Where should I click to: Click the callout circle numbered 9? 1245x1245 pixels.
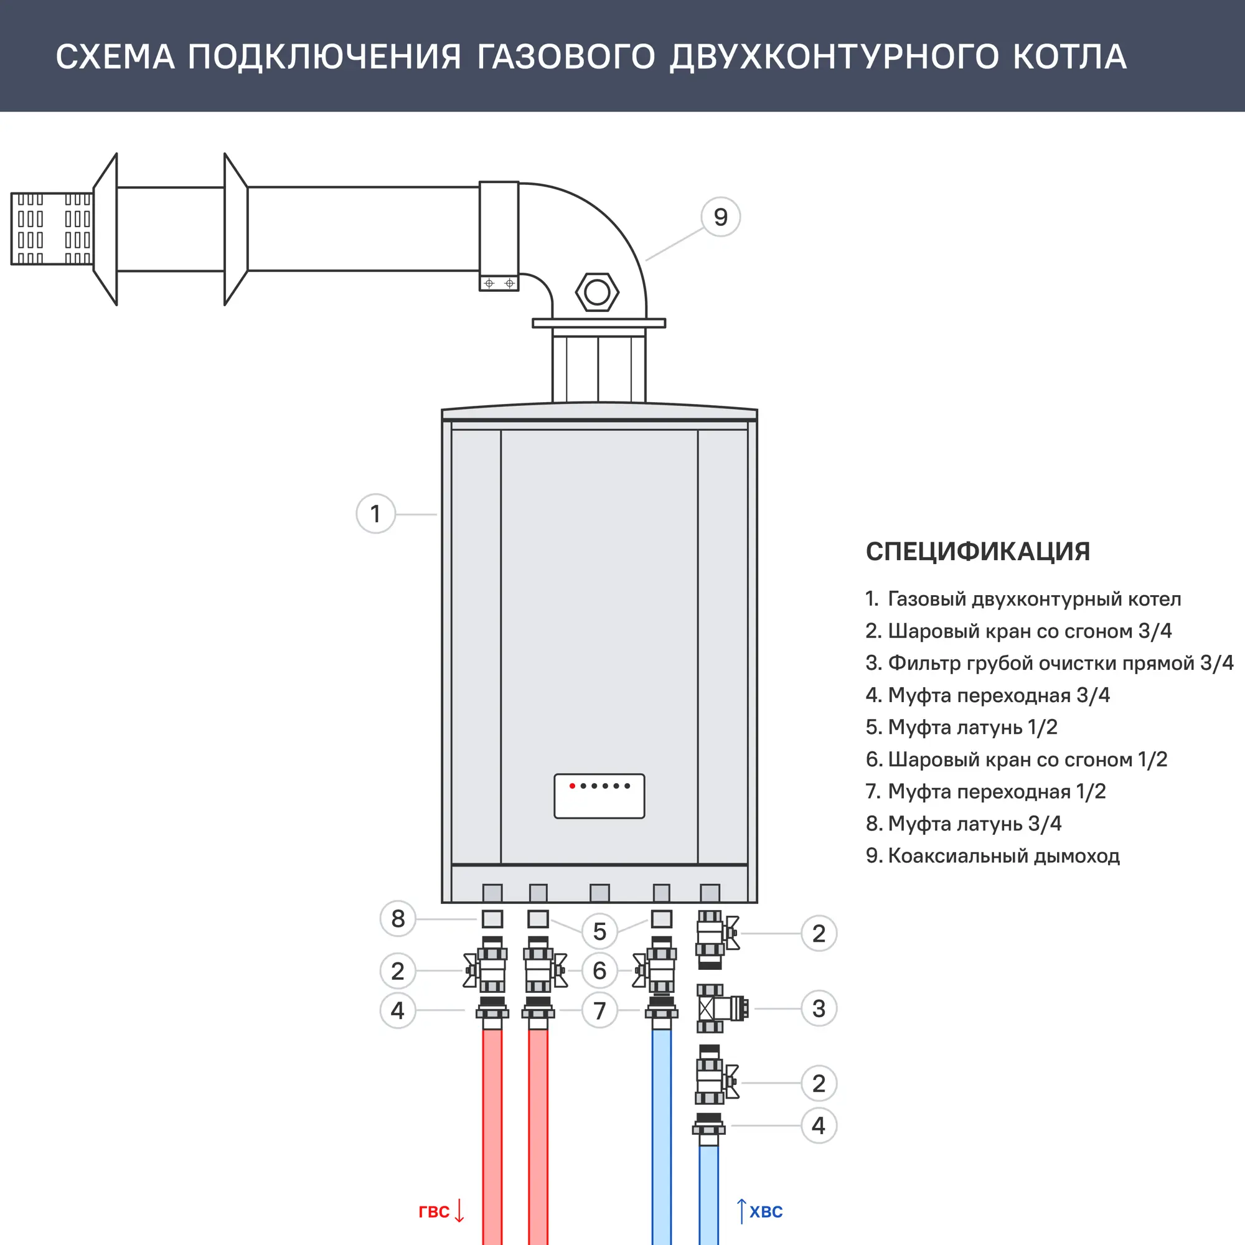pos(720,217)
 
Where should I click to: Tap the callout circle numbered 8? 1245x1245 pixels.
pos(398,918)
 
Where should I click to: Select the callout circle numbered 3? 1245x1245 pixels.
pos(819,1008)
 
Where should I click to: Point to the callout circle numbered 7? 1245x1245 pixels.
pos(599,1010)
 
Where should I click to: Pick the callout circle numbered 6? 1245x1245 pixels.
pos(599,970)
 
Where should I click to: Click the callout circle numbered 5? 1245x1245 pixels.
pos(599,931)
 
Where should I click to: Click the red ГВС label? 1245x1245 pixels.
pos(434,1211)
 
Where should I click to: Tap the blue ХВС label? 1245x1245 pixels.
pos(766,1211)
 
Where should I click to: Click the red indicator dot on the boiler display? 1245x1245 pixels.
pos(572,786)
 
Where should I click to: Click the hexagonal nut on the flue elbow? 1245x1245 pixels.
pos(597,293)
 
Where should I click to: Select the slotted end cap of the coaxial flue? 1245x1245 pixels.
pos(52,228)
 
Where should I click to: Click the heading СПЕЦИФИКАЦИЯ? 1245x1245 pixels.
pos(977,552)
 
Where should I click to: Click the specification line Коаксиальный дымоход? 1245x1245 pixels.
pos(992,856)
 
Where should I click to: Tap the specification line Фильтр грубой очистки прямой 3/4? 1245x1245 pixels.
pos(1049,663)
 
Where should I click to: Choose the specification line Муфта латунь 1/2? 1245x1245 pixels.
pos(962,727)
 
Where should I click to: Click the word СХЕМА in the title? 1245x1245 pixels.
pos(115,57)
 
